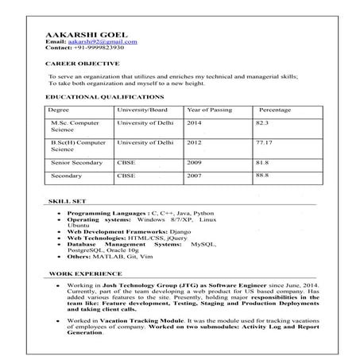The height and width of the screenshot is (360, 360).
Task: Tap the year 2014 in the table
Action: click(x=195, y=124)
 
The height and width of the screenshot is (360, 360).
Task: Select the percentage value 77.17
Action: click(x=265, y=141)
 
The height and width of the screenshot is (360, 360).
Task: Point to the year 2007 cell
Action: click(x=195, y=175)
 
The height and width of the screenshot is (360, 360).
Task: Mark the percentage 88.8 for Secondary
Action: click(x=262, y=175)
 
